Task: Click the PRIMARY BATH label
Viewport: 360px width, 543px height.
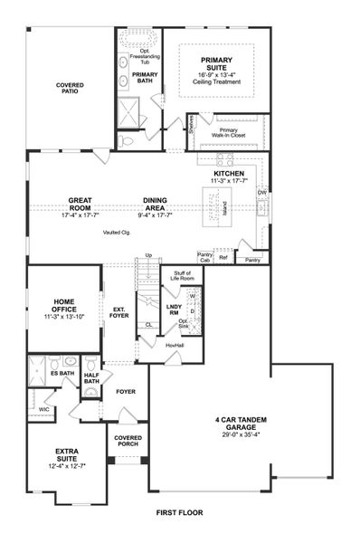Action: point(145,78)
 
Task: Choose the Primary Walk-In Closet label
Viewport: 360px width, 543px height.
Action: point(234,132)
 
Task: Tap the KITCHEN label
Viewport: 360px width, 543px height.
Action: point(229,174)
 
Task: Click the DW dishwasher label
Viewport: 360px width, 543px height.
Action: point(261,192)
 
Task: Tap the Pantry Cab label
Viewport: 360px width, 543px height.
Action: point(205,259)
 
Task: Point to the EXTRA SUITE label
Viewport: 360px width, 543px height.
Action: point(67,454)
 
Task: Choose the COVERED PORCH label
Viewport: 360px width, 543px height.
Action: point(128,442)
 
